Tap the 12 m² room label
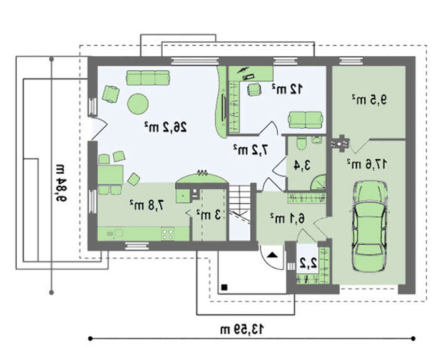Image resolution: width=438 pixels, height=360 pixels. click(287, 89)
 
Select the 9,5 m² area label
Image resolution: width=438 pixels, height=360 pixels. click(369, 100)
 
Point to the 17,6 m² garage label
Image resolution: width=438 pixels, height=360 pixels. click(367, 164)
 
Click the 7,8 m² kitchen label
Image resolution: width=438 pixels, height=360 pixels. click(147, 205)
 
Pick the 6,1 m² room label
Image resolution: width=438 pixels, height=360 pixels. click(287, 219)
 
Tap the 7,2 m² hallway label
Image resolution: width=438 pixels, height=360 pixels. click(250, 150)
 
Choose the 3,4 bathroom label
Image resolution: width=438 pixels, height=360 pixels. click(302, 165)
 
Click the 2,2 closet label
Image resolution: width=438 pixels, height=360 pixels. click(308, 263)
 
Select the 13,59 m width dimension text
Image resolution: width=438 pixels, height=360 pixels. click(242, 329)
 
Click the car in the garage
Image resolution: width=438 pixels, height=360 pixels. click(369, 227)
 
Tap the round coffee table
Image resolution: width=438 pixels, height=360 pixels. click(138, 104)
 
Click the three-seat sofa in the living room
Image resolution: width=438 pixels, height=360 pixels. click(148, 78)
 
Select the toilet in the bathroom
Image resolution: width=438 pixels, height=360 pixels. click(301, 143)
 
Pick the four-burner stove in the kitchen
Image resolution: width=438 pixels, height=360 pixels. click(168, 234)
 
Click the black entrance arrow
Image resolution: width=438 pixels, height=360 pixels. click(272, 255)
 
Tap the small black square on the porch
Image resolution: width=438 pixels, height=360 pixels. click(224, 287)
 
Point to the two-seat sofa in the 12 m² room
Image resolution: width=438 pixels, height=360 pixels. click(306, 120)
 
